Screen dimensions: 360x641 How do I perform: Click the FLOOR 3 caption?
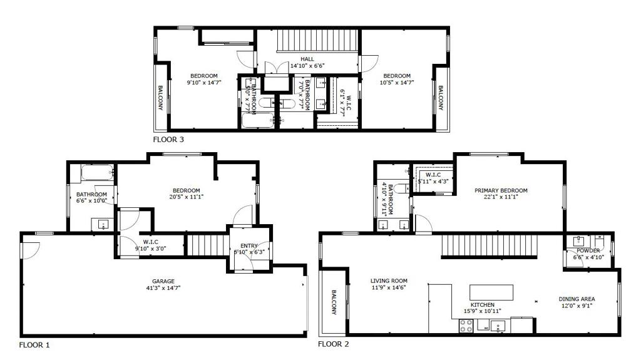pos(168,140)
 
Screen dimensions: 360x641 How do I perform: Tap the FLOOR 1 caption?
pos(34,344)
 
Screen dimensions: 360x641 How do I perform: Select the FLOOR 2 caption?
pos(333,344)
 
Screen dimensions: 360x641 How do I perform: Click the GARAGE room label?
pos(163,281)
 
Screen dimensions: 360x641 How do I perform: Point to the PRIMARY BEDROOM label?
pos(501,190)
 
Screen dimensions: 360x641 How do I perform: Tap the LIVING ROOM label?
pos(389,280)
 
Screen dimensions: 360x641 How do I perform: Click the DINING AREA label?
pos(577,299)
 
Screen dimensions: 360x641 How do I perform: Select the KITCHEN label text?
pos(483,304)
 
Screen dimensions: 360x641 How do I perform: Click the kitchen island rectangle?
pos(491,292)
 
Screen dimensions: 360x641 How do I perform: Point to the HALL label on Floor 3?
pos(307,59)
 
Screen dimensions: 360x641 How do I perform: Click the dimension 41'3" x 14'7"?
pos(163,288)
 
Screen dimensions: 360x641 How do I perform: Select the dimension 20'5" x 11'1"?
pos(187,197)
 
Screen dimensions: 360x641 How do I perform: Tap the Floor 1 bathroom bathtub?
pos(98,172)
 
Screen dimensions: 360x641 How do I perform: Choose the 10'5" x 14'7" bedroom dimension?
pos(397,82)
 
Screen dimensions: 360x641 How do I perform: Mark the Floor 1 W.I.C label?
pos(150,241)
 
